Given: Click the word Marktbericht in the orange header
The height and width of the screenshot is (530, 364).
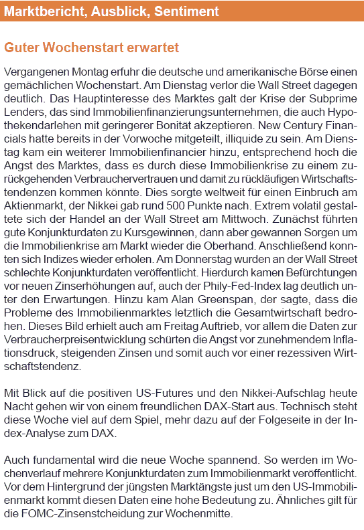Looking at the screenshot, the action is (37, 11).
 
